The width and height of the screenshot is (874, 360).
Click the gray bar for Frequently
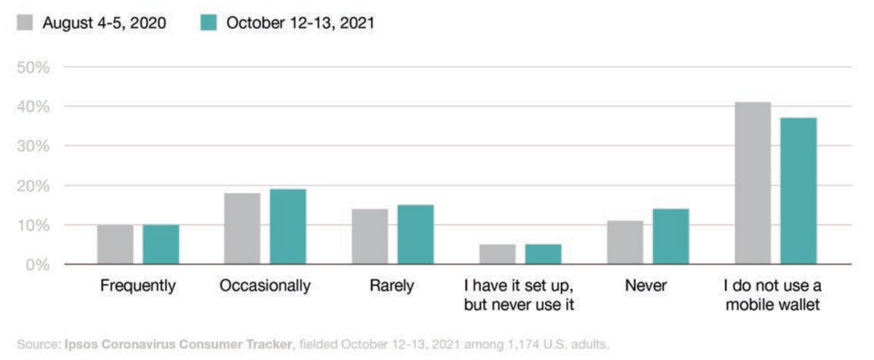tap(115, 244)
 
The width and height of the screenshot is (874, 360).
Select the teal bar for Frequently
tap(161, 244)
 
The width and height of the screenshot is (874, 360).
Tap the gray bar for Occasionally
tap(242, 229)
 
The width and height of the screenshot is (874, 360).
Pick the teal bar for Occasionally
tap(288, 226)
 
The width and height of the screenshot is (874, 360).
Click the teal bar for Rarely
tap(416, 235)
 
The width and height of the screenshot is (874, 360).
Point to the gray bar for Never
tap(625, 243)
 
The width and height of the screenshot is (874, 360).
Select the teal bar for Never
tap(671, 236)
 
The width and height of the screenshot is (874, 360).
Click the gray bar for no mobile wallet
tap(753, 183)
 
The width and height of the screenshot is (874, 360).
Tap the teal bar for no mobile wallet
tap(799, 191)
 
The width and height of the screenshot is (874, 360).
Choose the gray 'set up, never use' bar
tap(497, 254)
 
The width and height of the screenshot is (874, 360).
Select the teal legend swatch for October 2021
tap(207, 24)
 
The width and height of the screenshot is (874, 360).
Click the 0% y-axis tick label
tap(41, 265)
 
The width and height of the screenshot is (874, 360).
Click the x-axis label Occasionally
tap(265, 286)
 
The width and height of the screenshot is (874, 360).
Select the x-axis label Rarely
tap(392, 286)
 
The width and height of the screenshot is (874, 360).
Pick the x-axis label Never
tap(646, 286)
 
